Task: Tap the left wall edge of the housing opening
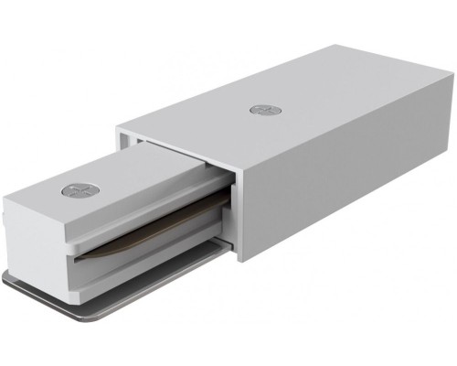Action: tap(124, 151)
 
